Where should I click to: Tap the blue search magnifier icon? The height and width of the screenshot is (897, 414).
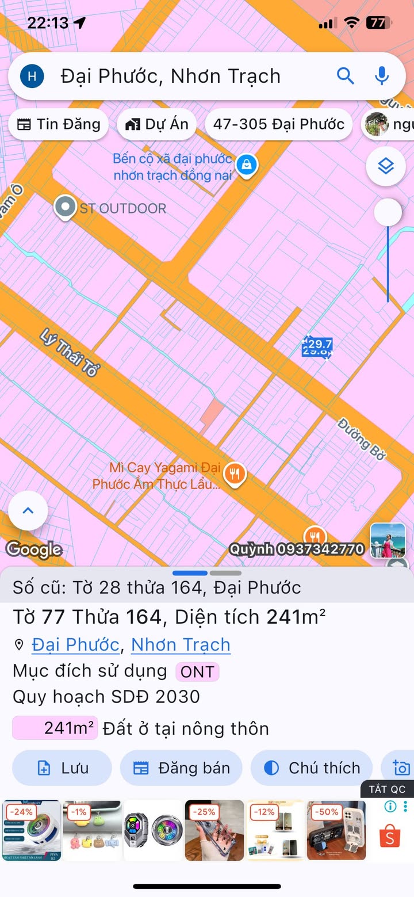pos(345,75)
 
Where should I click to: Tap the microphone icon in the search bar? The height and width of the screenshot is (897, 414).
pos(382,75)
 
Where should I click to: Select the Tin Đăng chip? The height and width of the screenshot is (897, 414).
pos(59,124)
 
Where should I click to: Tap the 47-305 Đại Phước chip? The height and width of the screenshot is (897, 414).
pos(278,124)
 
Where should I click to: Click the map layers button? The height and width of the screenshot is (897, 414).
pos(386,167)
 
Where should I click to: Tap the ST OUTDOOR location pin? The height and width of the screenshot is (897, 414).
pos(65,207)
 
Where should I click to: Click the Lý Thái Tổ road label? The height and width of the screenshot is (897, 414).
pos(70,353)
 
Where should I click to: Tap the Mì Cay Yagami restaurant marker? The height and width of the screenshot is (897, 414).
pos(234,474)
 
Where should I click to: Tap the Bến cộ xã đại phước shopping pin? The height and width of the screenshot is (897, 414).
pos(247,165)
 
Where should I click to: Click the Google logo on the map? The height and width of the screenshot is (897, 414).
pos(34,549)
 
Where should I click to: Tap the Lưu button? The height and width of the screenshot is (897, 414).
pos(62,768)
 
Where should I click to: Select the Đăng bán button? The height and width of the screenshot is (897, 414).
pos(181,768)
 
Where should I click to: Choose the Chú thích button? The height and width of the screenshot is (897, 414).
pos(312,768)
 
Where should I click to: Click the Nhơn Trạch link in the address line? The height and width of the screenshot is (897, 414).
pos(181,644)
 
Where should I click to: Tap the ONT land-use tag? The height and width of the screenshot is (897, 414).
pos(197,671)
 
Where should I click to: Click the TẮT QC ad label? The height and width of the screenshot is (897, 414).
pos(387,789)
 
